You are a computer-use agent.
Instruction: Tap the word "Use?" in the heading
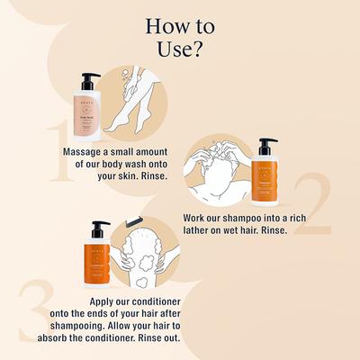[x=179, y=47]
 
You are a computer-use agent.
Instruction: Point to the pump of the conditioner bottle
[x=99, y=228]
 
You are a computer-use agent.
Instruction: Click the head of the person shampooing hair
[x=216, y=171]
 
